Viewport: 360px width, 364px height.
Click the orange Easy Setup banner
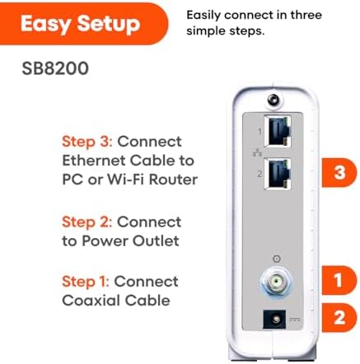pyautogui.click(x=82, y=24)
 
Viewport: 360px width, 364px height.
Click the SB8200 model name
pyautogui.click(x=55, y=68)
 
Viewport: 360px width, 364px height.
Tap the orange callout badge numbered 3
pyautogui.click(x=339, y=172)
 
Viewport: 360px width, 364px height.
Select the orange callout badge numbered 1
pyautogui.click(x=339, y=280)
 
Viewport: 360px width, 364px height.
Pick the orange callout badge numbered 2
pyautogui.click(x=339, y=318)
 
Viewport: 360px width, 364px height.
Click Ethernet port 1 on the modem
pyautogui.click(x=278, y=131)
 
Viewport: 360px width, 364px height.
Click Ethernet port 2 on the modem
pyautogui.click(x=278, y=174)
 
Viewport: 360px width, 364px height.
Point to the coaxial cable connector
pyautogui.click(x=277, y=282)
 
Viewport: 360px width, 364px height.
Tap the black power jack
pyautogui.click(x=274, y=320)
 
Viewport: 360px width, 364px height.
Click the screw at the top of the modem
pyautogui.click(x=274, y=100)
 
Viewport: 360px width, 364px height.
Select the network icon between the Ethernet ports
pyautogui.click(x=257, y=152)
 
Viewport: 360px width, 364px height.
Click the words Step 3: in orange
pyautogui.click(x=87, y=142)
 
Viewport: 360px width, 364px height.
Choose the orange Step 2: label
pyautogui.click(x=87, y=222)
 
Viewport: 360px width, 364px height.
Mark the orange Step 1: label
pyautogui.click(x=86, y=282)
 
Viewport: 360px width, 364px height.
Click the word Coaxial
pyautogui.click(x=91, y=301)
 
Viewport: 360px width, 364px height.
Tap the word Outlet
pyautogui.click(x=156, y=240)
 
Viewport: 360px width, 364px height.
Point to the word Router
pyautogui.click(x=174, y=180)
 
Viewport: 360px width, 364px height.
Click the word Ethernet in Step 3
pyautogui.click(x=94, y=161)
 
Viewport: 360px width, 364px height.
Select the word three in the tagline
pyautogui.click(x=306, y=15)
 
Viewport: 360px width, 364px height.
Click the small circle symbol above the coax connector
pyautogui.click(x=277, y=259)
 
